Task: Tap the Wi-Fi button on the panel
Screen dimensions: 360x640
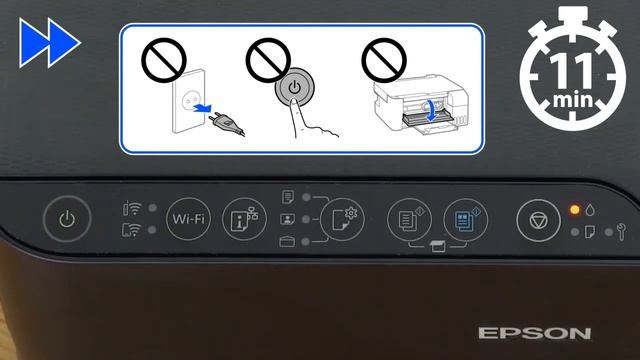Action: click(190, 218)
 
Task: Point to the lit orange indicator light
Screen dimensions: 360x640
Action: click(574, 210)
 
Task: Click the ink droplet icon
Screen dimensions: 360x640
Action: click(591, 210)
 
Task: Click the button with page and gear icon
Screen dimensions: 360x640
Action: click(341, 218)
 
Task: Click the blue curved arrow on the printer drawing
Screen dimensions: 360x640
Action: click(430, 110)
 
